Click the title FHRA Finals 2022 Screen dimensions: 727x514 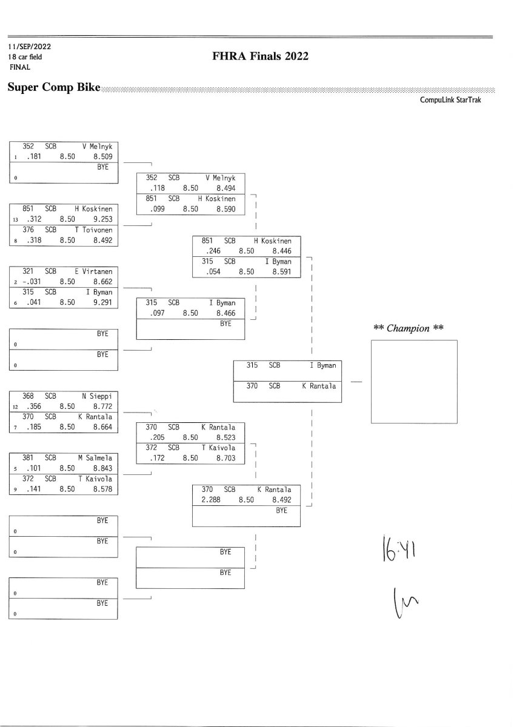click(261, 56)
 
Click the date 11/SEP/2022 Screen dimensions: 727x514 click(30, 46)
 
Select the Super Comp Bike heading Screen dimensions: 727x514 click(54, 88)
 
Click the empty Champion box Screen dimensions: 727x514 click(414, 382)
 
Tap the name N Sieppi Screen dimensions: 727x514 click(98, 396)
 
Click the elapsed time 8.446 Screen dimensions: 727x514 click(282, 251)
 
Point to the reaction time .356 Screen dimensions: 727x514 click(30, 406)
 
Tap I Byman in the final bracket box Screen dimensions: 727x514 click(322, 365)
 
